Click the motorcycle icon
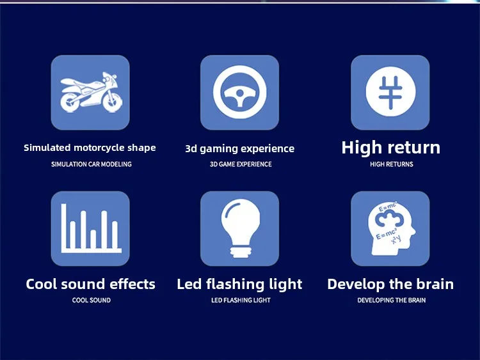coord(92,92)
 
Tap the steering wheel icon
coord(240,92)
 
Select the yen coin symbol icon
coord(390,92)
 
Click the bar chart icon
coord(91,228)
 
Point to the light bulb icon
coord(240,228)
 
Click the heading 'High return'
coord(391,148)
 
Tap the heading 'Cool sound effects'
coord(91,284)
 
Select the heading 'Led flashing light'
coord(239,285)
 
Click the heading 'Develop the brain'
coord(390,284)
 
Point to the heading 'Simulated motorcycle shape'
coord(90,148)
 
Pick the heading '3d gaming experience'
coord(240,149)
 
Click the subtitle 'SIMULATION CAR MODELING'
coord(92,164)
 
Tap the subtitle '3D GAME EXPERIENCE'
coord(241,164)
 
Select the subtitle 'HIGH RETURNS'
coord(392,164)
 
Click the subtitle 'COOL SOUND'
coord(92,301)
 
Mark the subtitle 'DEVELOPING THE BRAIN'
coord(392,301)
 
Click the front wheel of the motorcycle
coord(113,101)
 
